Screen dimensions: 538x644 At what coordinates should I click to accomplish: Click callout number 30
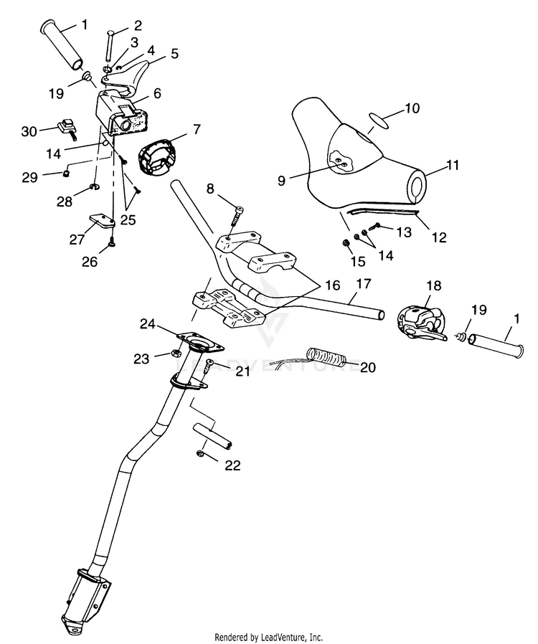pyautogui.click(x=29, y=131)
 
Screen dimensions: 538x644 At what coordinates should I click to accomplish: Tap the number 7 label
pyautogui.click(x=197, y=129)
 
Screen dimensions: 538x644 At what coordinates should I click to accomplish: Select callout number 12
pyautogui.click(x=439, y=237)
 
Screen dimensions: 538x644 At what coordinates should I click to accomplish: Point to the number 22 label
pyautogui.click(x=232, y=465)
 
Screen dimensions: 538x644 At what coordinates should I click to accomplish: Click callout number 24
pyautogui.click(x=148, y=324)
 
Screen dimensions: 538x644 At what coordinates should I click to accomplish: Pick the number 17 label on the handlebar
pyautogui.click(x=364, y=283)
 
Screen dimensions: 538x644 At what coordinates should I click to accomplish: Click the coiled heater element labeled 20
pyautogui.click(x=328, y=356)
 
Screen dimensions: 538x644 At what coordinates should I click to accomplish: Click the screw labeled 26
pyautogui.click(x=111, y=245)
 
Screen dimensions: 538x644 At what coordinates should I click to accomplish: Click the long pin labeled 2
pyautogui.click(x=108, y=46)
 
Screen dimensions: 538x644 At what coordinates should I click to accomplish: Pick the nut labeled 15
pyautogui.click(x=345, y=242)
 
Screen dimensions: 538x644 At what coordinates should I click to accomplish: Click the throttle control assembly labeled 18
pyautogui.click(x=420, y=324)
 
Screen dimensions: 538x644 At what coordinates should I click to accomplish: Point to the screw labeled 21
pyautogui.click(x=207, y=366)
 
